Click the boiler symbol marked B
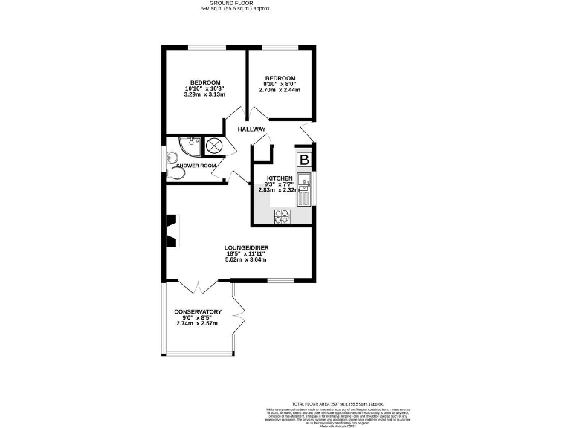[304, 160]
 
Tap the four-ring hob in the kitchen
[283, 216]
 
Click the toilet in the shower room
[176, 172]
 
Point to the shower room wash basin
[172, 155]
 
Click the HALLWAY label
[251, 129]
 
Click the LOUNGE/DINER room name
[246, 247]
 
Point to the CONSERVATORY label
[198, 311]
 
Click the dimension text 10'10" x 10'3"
[204, 89]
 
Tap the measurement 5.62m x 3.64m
[246, 259]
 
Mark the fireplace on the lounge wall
[172, 230]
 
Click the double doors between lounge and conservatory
[197, 286]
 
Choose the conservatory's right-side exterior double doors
[239, 311]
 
